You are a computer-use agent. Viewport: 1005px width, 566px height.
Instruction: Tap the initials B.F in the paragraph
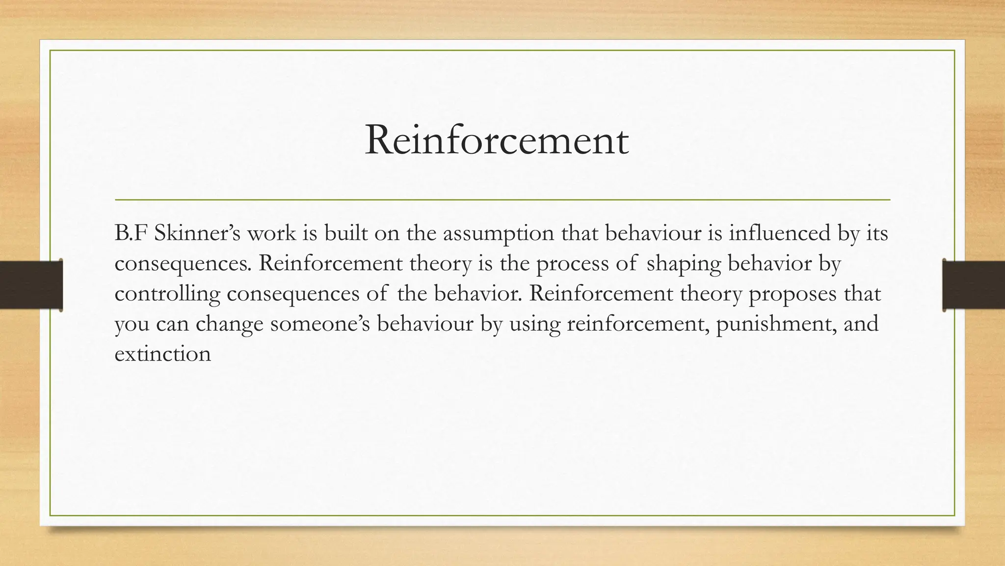pos(131,233)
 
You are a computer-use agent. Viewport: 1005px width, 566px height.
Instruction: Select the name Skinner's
pos(197,233)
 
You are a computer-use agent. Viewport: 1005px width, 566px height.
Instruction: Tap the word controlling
pos(167,294)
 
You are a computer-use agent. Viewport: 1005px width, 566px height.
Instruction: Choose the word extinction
pos(162,354)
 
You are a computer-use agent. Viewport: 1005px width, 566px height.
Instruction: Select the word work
pos(271,233)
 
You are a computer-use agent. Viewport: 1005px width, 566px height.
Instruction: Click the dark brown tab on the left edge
pos(31,285)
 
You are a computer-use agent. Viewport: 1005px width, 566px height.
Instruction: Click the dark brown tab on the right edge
pos(974,285)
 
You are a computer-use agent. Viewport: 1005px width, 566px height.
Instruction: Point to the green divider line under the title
pos(502,200)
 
